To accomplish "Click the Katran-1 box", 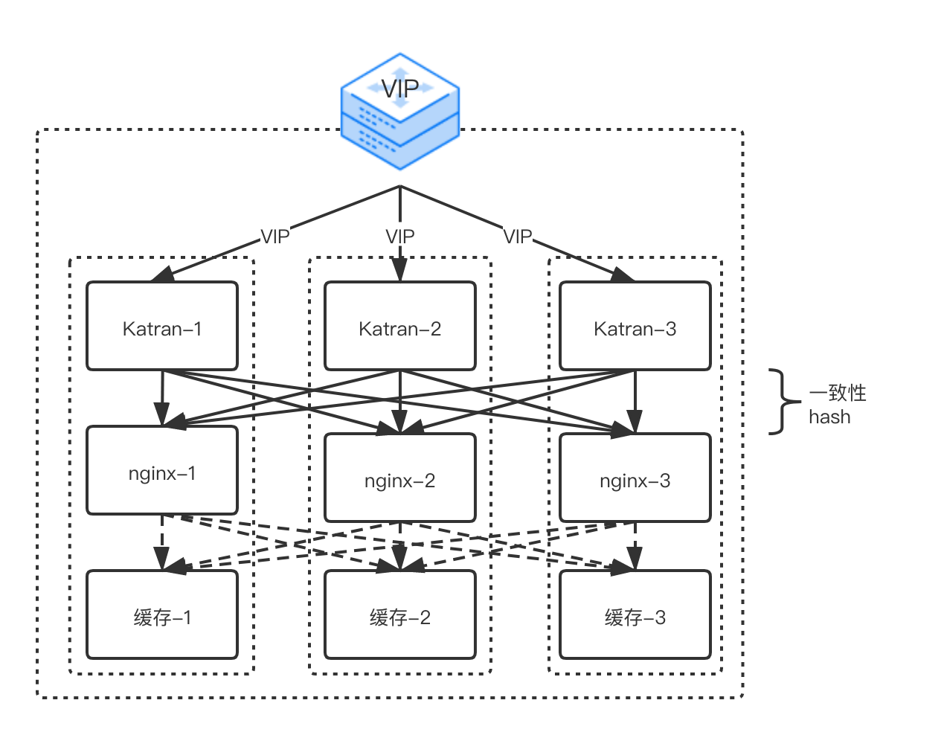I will coord(162,326).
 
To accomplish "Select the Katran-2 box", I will coord(400,326).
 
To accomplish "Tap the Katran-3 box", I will coord(635,326).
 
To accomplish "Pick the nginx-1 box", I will coord(162,470).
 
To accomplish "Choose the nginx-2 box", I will coord(400,478).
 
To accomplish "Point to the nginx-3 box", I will coord(635,478).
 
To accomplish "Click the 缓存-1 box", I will coord(162,614).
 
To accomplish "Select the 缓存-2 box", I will coord(400,614).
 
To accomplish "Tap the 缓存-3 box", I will coord(635,614).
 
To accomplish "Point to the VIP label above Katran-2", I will coord(400,237).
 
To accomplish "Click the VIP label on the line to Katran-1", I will coord(274,237).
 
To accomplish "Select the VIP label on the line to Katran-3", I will coord(518,237).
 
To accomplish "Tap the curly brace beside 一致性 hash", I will coord(779,402).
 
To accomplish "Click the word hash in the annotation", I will coord(829,417).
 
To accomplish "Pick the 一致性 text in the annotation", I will coord(838,393).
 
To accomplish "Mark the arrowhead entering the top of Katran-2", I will coord(400,272).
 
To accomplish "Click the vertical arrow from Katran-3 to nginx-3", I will coord(635,398).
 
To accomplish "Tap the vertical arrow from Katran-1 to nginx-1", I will coord(162,394).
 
